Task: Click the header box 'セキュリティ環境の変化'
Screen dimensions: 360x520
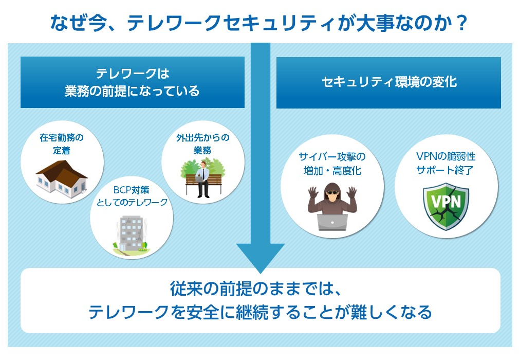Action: click(x=388, y=82)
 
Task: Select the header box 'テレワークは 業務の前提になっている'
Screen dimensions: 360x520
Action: click(x=132, y=82)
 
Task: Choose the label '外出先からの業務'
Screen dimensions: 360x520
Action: click(x=202, y=144)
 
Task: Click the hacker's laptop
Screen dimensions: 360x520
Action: click(x=331, y=222)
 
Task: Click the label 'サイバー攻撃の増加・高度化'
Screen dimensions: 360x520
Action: click(x=332, y=164)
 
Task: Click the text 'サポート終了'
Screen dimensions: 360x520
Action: click(x=445, y=170)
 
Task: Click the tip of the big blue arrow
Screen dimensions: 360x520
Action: click(x=260, y=271)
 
